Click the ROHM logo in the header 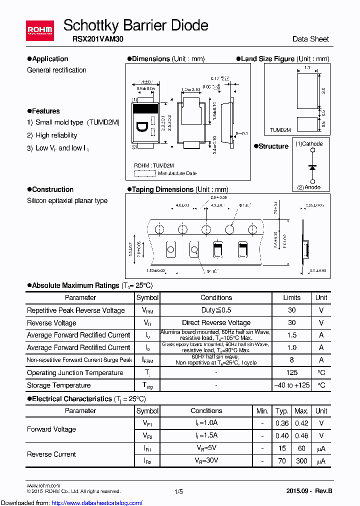tap(39, 31)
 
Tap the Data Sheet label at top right tap(310, 39)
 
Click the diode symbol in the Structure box tap(312, 166)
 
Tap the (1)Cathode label tap(309, 144)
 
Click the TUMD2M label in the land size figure tap(280, 130)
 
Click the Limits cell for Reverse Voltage tap(292, 323)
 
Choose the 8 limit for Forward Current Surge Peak tap(292, 360)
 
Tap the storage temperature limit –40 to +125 tap(292, 385)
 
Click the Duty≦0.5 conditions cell tap(216, 310)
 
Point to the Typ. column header tap(282, 411)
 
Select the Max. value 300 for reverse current tap(301, 461)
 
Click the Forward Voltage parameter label tap(51, 429)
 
